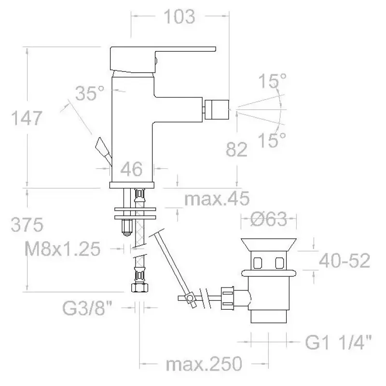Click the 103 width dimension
[x=179, y=16]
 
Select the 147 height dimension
[x=27, y=118]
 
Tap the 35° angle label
[x=90, y=93]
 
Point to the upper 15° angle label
[x=273, y=81]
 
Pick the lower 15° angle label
[x=272, y=140]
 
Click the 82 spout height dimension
[x=236, y=149]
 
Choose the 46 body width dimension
[x=131, y=169]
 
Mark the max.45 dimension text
[x=217, y=198]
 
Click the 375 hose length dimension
[x=27, y=224]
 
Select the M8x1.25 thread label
[x=63, y=249]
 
